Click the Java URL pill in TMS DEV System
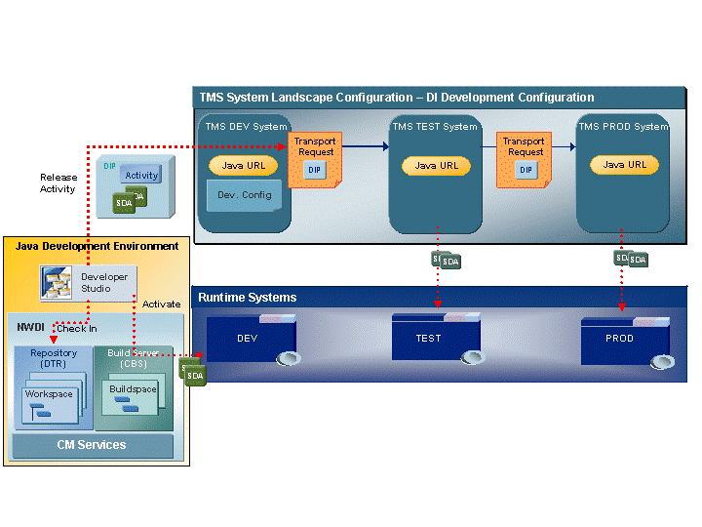point(244,166)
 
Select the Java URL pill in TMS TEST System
point(437,166)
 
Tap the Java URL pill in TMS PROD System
point(625,165)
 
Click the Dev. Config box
point(244,195)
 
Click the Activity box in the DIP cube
point(141,175)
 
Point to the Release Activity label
point(58,183)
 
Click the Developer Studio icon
point(56,283)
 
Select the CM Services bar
point(90,445)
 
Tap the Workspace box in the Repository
point(50,403)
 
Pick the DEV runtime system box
point(248,340)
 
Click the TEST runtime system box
point(429,339)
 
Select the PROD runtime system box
point(619,339)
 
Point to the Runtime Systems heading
point(248,297)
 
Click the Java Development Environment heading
point(97,246)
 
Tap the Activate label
point(162,304)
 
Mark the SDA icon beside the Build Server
point(193,374)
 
